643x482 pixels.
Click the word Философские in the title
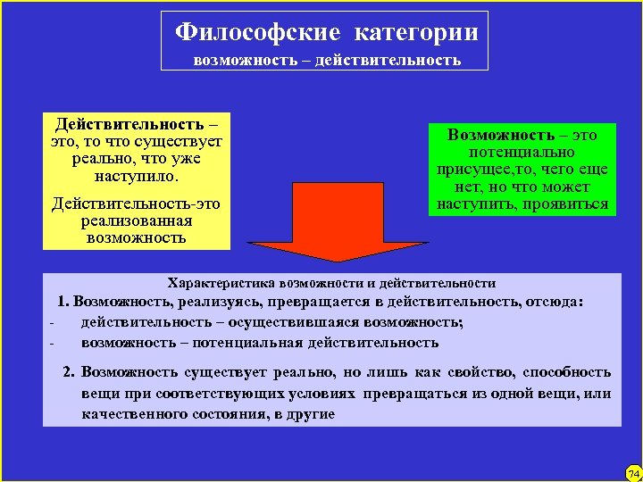(257, 33)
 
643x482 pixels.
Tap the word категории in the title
(416, 33)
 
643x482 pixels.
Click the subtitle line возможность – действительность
(327, 61)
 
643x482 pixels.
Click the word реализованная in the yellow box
(136, 220)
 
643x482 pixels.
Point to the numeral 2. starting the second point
(69, 372)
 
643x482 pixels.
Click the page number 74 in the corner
(633, 471)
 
